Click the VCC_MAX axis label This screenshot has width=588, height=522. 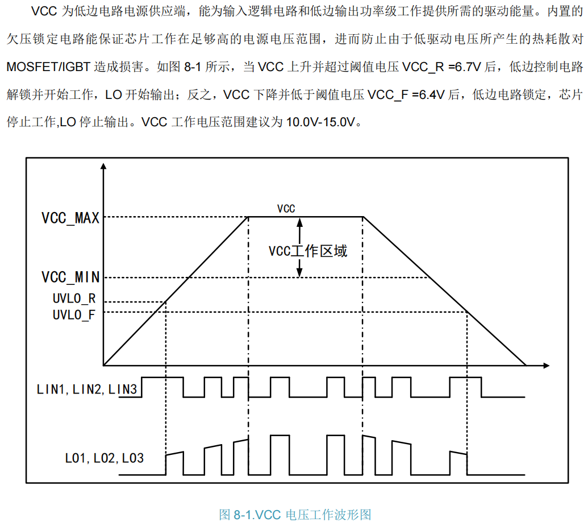pos(70,217)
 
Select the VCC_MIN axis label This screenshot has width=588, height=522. pos(70,277)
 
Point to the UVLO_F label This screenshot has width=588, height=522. pos(74,314)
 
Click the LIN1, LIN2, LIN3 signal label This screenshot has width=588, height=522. pos(86,390)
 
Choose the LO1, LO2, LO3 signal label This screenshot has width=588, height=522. pos(104,457)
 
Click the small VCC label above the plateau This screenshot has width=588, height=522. pos(286,209)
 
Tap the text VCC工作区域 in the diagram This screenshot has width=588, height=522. pos(308,251)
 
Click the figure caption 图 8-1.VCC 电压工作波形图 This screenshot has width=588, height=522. pos(295,515)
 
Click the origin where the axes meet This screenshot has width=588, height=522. pos(103,364)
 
